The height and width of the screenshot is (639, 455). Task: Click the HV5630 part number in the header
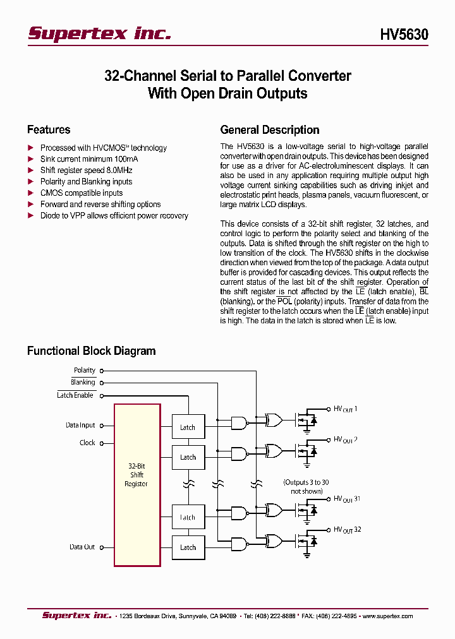[404, 34]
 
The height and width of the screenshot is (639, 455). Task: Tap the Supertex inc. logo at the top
[99, 33]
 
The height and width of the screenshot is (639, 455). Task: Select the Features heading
[49, 129]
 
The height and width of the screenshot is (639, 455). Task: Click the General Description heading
[269, 129]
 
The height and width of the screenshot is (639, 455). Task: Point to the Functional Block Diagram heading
[91, 350]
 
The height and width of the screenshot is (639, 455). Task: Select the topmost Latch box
[188, 427]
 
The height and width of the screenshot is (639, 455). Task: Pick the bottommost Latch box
[188, 547]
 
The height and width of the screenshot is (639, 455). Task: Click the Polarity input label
[85, 370]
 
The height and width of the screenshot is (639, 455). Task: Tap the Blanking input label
[83, 382]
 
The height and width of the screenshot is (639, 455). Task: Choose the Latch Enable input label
[75, 395]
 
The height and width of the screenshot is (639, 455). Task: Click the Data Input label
[80, 425]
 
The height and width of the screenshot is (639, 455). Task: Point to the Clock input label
[87, 443]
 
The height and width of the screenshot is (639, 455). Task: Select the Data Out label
[82, 547]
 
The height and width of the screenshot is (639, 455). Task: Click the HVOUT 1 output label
[345, 409]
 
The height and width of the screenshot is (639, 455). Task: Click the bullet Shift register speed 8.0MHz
[86, 170]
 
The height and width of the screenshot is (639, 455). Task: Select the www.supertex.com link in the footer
[387, 616]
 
